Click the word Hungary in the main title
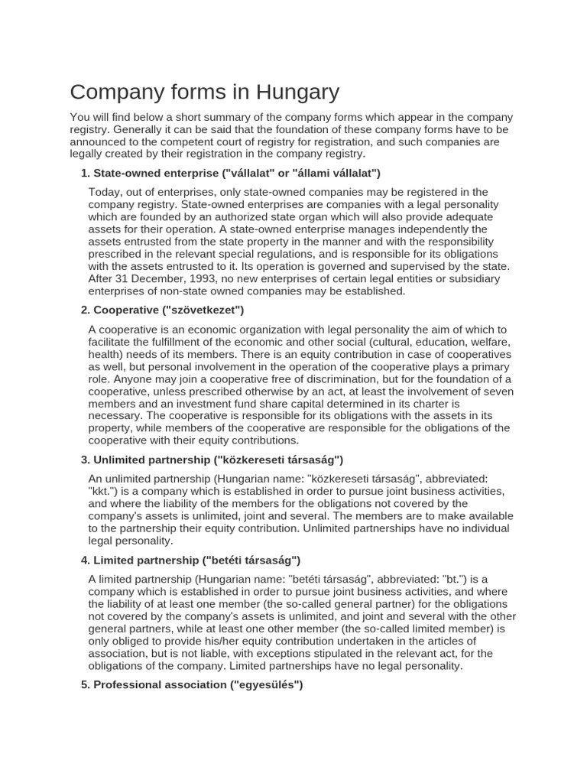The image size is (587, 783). (294, 93)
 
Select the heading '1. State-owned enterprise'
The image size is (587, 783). (230, 174)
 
